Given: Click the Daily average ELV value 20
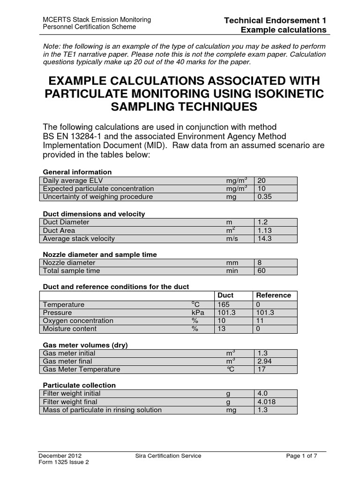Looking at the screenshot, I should (262, 180).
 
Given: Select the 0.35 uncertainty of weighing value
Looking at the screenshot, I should (265, 196).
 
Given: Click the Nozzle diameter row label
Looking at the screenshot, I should (69, 263).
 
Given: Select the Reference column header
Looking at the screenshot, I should (273, 295).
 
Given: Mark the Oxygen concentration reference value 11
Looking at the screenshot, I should (261, 321).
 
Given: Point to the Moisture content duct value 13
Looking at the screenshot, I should (221, 329).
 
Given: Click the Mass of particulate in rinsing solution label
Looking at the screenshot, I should (102, 410).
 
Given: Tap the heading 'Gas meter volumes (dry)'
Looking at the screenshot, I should (85, 345).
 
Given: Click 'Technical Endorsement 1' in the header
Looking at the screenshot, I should (275, 20).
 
